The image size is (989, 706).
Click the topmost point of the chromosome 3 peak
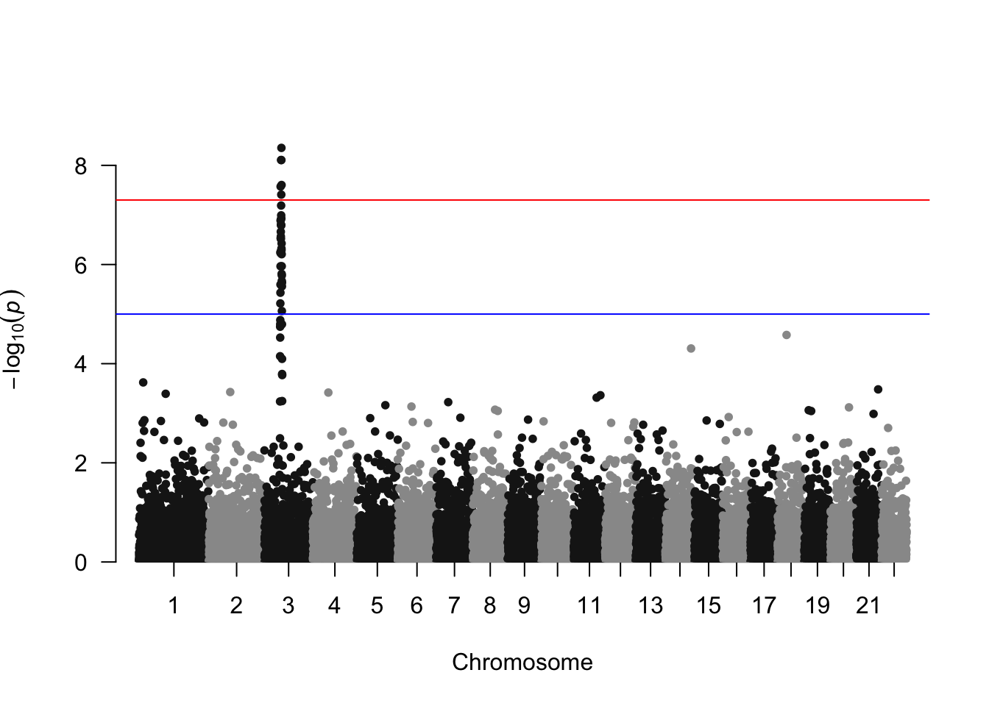click(281, 148)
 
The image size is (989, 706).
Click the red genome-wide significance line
click(589, 200)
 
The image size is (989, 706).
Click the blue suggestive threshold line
click(589, 314)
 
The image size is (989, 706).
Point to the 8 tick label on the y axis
click(80, 166)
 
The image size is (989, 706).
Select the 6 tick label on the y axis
click(80, 265)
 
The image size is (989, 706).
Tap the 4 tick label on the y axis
click(80, 364)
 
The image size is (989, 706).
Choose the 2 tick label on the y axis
click(80, 463)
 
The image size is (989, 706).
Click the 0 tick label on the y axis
click(80, 563)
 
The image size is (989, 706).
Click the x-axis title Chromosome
click(522, 663)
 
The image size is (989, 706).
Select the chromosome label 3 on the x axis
click(288, 606)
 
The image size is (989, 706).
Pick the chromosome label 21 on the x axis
click(868, 606)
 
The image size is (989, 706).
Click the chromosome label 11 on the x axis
click(589, 606)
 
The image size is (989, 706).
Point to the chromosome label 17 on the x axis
click(764, 606)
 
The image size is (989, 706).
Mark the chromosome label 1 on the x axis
click(174, 606)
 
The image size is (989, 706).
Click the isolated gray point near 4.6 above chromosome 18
click(787, 335)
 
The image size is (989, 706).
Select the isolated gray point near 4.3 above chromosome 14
click(691, 349)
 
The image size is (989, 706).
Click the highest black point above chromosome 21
click(878, 389)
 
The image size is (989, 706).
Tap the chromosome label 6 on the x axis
click(416, 606)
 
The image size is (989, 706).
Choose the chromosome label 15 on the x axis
click(709, 606)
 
